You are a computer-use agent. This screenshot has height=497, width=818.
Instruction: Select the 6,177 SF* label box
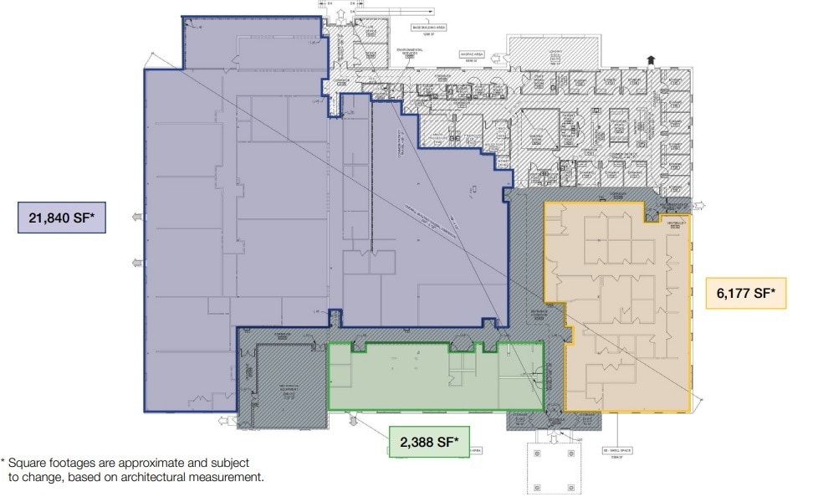coord(746,293)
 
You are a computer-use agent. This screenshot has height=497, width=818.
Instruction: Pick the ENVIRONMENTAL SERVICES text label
coord(409,53)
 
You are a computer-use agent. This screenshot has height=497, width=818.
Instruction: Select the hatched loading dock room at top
coord(554,52)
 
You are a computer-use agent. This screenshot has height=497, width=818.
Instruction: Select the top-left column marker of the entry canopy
coord(537,453)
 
